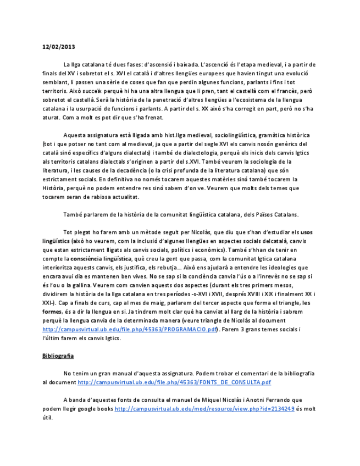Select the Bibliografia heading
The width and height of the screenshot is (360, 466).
[58, 356]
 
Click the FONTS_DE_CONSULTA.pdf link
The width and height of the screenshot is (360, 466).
[174, 382]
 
